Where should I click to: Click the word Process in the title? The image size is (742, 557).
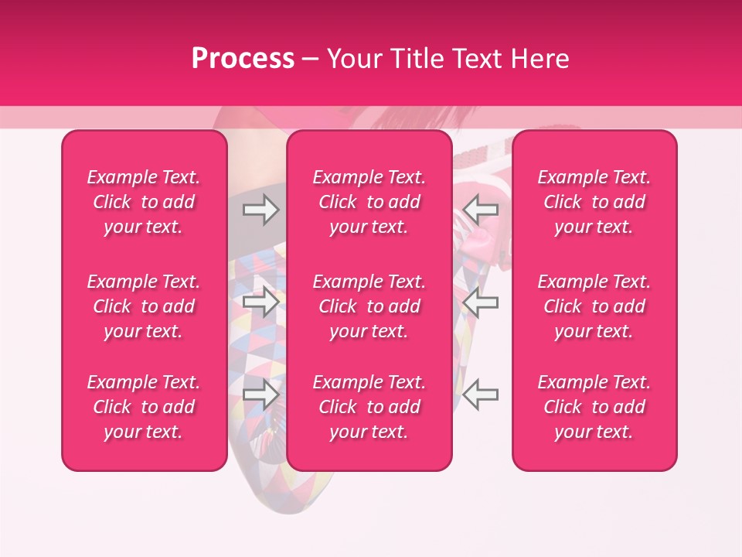pyautogui.click(x=243, y=59)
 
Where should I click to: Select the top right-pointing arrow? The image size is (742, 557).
pyautogui.click(x=261, y=210)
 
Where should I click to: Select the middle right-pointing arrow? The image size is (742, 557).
pyautogui.click(x=261, y=302)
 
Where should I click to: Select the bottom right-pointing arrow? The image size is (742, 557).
pyautogui.click(x=261, y=395)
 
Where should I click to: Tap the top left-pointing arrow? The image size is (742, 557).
pyautogui.click(x=481, y=208)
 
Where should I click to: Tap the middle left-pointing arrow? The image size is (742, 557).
pyautogui.click(x=481, y=302)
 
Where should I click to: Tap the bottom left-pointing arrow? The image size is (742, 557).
pyautogui.click(x=481, y=395)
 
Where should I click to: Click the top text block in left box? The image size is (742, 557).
pyautogui.click(x=144, y=202)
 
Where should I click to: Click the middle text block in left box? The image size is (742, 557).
pyautogui.click(x=144, y=306)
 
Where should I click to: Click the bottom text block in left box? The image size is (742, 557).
pyautogui.click(x=144, y=407)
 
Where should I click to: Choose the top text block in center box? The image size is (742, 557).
pyautogui.click(x=369, y=202)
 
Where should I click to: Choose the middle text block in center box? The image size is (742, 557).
pyautogui.click(x=369, y=306)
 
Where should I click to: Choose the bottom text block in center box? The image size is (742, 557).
pyautogui.click(x=369, y=407)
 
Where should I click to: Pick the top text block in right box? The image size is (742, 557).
pyautogui.click(x=594, y=202)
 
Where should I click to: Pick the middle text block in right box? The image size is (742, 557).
pyautogui.click(x=594, y=306)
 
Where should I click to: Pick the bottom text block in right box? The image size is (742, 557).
pyautogui.click(x=594, y=407)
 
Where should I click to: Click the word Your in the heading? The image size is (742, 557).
pyautogui.click(x=353, y=59)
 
